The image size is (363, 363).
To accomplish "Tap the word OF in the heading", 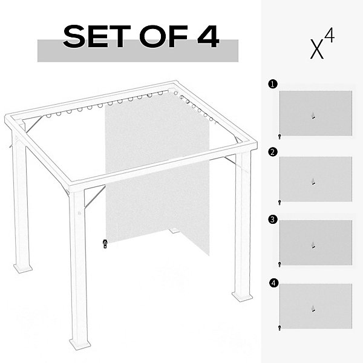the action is tap(163, 36).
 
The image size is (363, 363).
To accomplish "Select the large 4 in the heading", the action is tap(208, 36).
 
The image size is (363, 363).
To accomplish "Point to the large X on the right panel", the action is tap(316, 50).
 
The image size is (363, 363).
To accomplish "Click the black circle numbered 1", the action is tap(273, 84).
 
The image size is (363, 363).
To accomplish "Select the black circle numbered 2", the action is tap(273, 152).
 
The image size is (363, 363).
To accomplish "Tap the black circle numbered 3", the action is tap(273, 219).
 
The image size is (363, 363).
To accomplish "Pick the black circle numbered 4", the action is tap(273, 283).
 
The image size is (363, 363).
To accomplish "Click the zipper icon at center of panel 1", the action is tap(313, 116).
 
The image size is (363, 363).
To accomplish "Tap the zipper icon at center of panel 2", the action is tap(313, 181).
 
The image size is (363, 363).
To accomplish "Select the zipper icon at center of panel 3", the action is tap(313, 245).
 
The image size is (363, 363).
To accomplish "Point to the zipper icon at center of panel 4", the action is tap(313, 309).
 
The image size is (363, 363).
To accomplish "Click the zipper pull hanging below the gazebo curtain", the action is tap(105, 244).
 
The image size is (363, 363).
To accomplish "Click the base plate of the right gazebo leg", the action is tap(242, 296).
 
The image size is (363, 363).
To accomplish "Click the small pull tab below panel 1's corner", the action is tap(280, 137).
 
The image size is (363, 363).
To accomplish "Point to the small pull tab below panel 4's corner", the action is tap(280, 328).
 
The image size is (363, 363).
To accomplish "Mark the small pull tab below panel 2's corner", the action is tap(280, 203).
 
